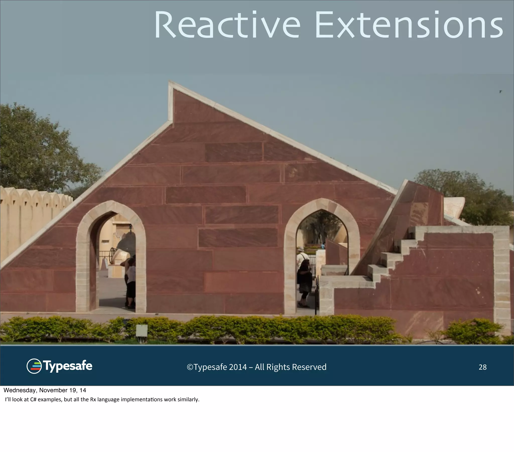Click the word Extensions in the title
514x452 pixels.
tap(409, 25)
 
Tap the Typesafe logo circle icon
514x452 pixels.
tap(34, 366)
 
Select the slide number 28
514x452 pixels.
tap(482, 367)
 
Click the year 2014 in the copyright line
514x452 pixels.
tap(238, 367)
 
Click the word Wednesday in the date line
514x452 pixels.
tap(20, 390)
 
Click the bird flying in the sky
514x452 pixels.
tap(500, 92)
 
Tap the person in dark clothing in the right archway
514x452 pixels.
tap(305, 282)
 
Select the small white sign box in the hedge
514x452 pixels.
tap(142, 330)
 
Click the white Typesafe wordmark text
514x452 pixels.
tap(68, 366)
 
